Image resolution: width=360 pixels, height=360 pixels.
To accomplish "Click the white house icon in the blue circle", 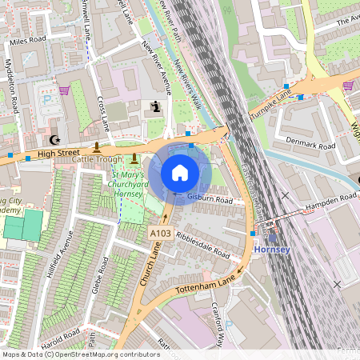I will click(180, 172).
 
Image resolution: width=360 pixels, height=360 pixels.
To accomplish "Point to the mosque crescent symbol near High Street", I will click(55, 135).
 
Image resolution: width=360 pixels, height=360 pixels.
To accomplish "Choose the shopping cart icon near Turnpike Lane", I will click(347, 85).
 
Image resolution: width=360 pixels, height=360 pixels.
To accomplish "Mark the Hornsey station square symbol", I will click(273, 237).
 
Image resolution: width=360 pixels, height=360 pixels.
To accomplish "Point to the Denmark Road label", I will click(311, 143).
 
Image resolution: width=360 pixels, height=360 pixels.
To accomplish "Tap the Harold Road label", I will click(60, 335).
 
